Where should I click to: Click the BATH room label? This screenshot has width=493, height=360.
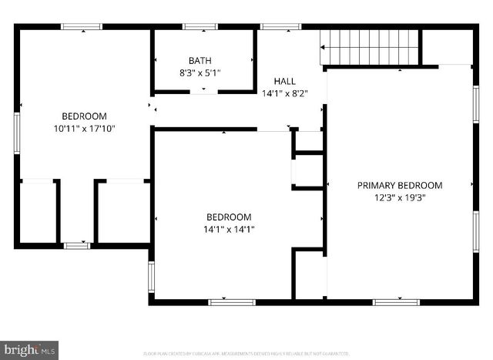(200, 61)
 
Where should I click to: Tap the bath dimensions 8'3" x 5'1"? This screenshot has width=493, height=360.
(200, 73)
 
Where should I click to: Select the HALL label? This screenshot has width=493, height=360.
(284, 81)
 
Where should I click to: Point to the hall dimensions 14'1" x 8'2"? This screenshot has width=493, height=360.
(284, 93)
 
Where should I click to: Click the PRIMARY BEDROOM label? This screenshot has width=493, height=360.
(400, 185)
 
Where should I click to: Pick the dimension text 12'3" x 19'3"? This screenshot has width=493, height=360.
(400, 197)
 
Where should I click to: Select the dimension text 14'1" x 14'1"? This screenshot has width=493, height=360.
(229, 229)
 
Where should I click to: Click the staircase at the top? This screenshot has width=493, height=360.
(369, 47)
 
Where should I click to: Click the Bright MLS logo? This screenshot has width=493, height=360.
(30, 350)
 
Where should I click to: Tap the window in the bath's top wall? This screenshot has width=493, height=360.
(200, 27)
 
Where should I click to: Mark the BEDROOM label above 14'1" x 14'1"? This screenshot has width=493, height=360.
(229, 217)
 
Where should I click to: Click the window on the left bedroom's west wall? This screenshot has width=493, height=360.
(16, 133)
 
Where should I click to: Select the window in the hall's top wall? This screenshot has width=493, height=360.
(280, 27)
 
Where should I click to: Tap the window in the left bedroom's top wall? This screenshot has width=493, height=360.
(82, 27)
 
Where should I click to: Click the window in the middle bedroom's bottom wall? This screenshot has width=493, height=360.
(232, 302)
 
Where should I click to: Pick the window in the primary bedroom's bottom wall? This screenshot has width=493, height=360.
(396, 302)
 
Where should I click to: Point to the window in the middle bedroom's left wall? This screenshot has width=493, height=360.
(152, 277)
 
